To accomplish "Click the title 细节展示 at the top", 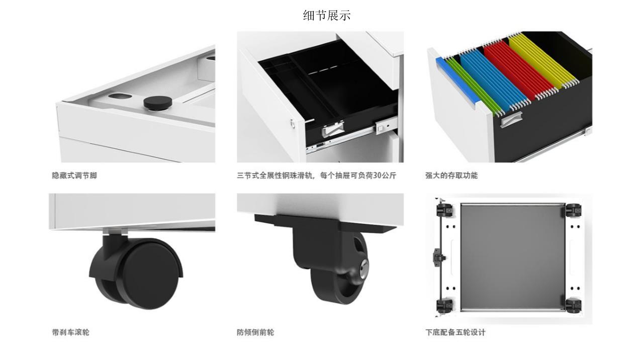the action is (327, 16).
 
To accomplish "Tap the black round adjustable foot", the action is (157, 103).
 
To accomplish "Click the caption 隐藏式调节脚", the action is (74, 175).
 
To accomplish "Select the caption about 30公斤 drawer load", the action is (316, 175).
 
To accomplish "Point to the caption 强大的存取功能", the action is (451, 175).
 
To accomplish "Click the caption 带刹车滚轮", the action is (70, 332).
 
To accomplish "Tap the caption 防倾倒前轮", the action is (255, 332).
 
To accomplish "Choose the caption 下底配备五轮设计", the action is (455, 332).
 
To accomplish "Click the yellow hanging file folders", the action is (542, 60).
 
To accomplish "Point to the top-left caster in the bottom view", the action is (444, 210).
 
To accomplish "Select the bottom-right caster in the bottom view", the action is (573, 306).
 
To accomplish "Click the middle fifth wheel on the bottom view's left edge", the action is (438, 257).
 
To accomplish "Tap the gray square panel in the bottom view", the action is (513, 257).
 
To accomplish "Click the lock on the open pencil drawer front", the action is (293, 124).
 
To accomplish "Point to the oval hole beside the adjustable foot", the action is (120, 96).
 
